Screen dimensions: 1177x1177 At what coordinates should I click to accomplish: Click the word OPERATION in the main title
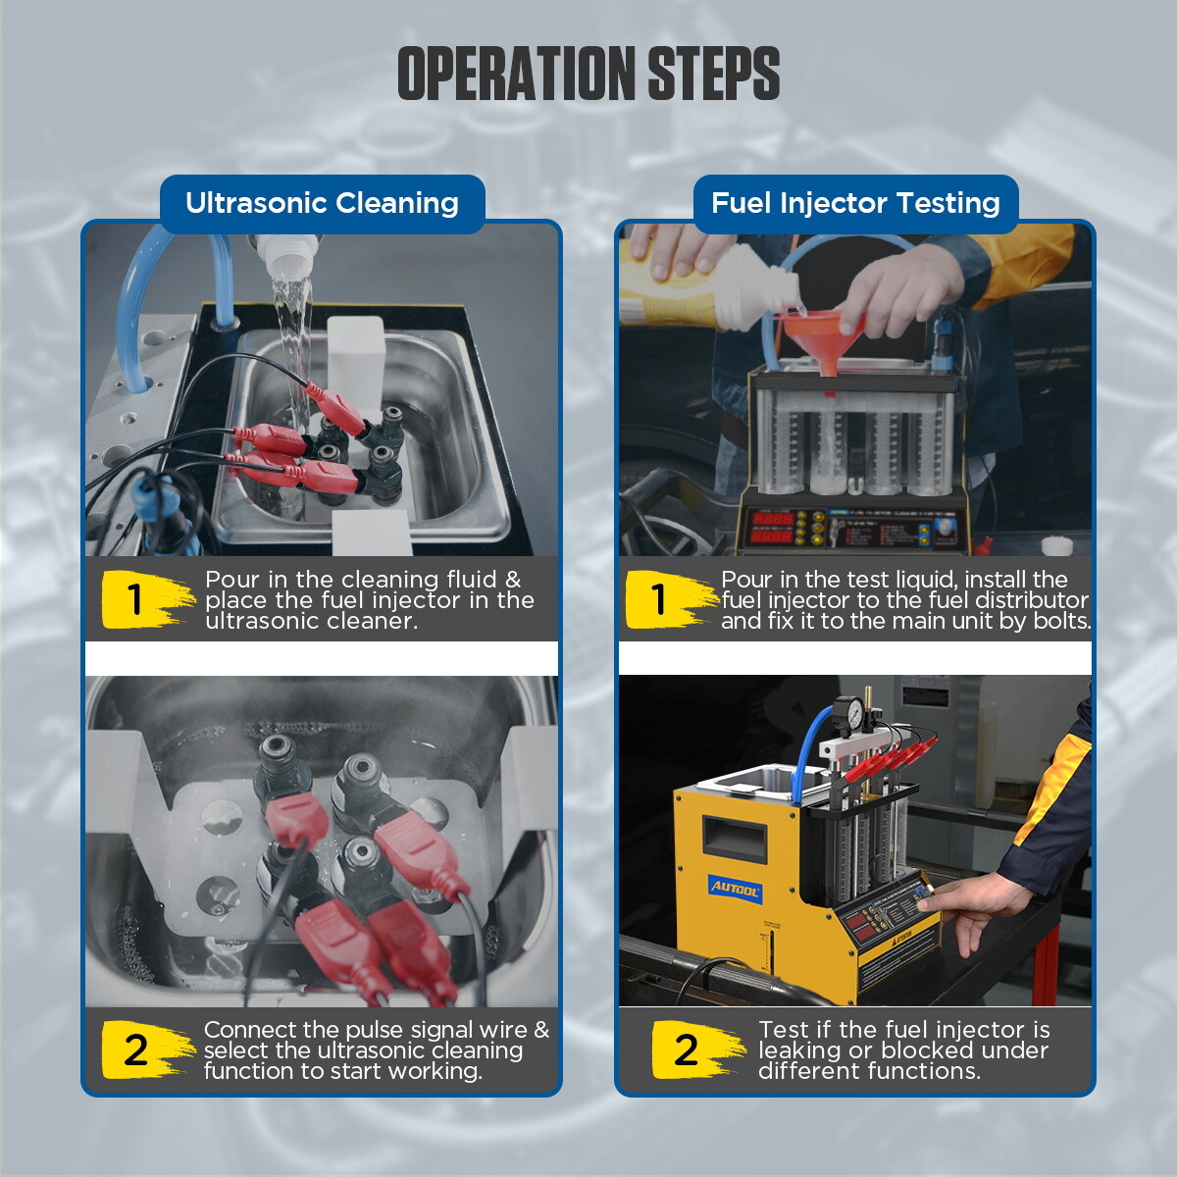tap(517, 74)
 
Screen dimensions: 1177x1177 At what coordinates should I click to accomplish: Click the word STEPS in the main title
tap(713, 74)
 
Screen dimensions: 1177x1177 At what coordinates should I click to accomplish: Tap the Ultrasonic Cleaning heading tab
tap(322, 203)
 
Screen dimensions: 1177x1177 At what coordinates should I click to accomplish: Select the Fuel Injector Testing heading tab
tap(855, 203)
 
